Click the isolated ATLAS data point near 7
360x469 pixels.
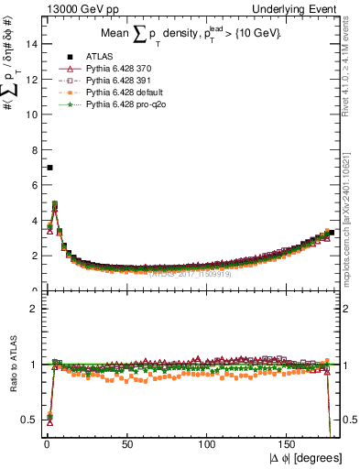tap(49, 168)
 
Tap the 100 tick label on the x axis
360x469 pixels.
tap(208, 445)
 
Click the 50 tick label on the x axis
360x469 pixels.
tap(127, 445)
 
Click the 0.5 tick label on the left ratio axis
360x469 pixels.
tap(29, 420)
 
